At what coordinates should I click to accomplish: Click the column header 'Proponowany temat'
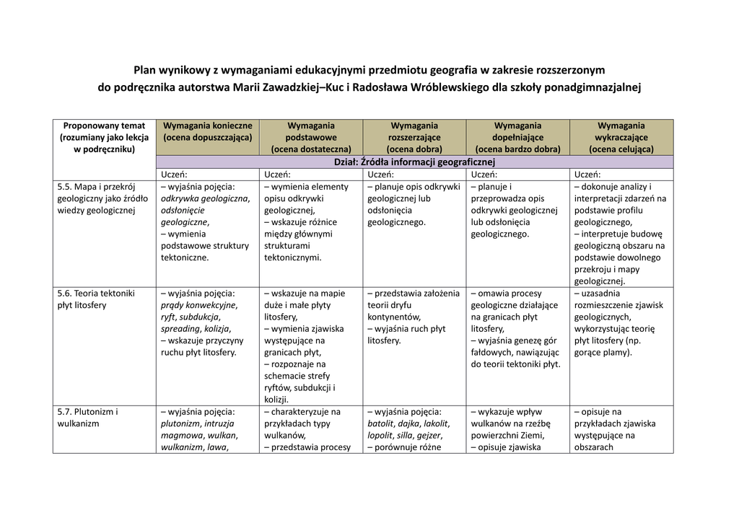(104, 126)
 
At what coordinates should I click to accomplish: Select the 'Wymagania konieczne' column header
(207, 126)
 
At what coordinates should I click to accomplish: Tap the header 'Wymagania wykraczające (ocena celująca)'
(621, 137)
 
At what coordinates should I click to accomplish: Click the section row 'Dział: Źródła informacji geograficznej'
(414, 162)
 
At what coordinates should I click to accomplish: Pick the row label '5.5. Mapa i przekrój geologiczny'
(102, 198)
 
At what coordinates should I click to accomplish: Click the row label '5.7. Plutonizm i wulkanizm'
(87, 418)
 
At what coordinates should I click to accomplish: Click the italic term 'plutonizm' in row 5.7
(180, 423)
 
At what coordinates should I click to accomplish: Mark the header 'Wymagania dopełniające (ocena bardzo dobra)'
(517, 137)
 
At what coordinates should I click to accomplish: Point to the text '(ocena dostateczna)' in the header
(311, 149)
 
